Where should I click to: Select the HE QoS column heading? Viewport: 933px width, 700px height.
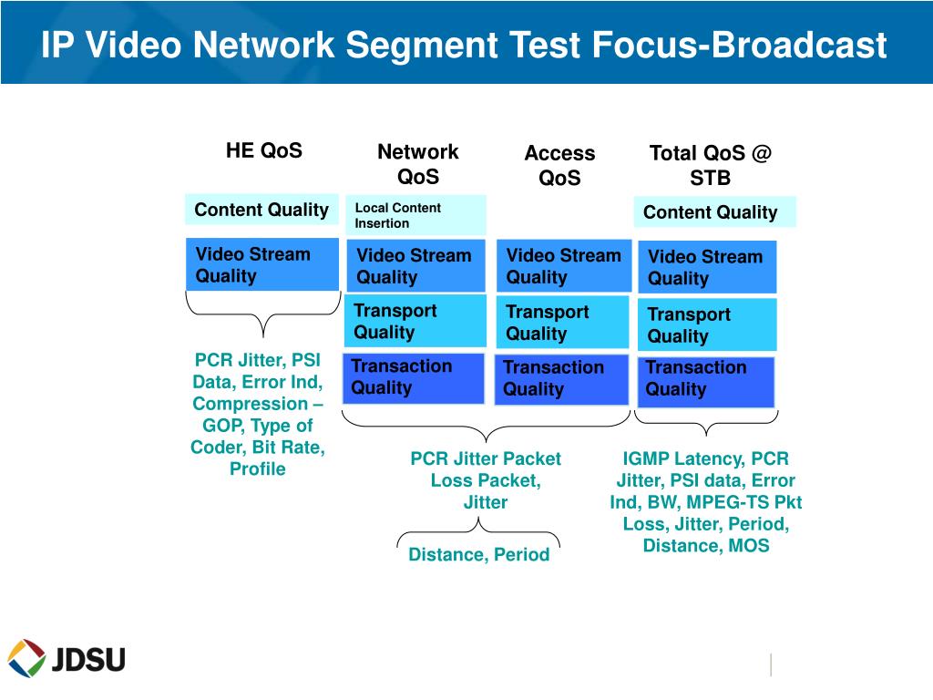[x=264, y=150]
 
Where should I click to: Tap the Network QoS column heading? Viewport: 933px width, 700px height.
[x=418, y=164]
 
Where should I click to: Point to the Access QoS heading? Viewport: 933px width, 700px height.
[x=559, y=165]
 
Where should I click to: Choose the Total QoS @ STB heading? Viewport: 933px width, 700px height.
[x=710, y=165]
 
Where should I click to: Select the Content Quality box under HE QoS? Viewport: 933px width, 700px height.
[x=261, y=210]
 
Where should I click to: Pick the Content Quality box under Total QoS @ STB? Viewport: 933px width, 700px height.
[x=713, y=212]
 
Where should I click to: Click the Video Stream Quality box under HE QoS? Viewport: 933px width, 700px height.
[x=262, y=265]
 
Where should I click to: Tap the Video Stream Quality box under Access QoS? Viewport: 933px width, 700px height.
[x=563, y=266]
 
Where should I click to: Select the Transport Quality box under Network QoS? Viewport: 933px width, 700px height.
[x=414, y=321]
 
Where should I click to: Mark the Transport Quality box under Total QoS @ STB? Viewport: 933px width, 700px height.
[x=707, y=325]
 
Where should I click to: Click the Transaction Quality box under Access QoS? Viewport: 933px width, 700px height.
[x=563, y=378]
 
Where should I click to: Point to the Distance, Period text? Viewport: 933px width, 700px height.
[x=479, y=554]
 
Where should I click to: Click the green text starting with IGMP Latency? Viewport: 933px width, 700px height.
[x=706, y=502]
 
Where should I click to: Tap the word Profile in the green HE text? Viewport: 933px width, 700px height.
[x=258, y=469]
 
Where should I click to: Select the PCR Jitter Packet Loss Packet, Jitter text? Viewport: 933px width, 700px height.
[x=486, y=480]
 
